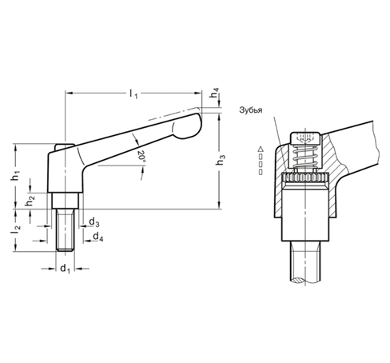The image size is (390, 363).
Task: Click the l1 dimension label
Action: [132, 94]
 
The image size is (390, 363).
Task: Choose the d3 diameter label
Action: [94, 221]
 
